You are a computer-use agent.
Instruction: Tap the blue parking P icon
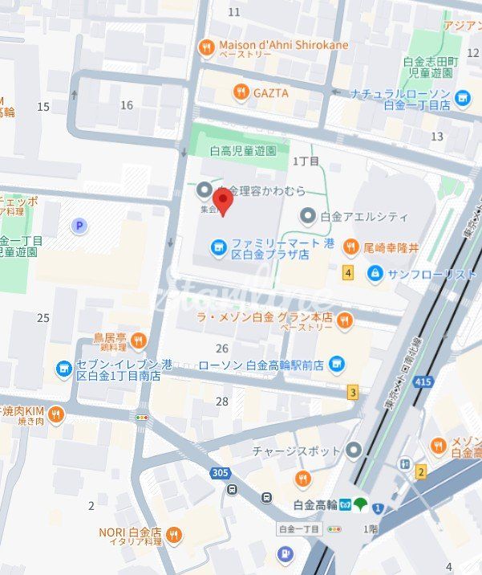tap(79, 226)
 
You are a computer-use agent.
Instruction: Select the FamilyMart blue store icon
tap(217, 247)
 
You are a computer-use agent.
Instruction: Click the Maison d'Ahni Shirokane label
tap(283, 45)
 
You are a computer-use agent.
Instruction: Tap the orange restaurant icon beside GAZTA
tap(241, 93)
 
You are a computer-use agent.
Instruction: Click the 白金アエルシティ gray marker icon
tap(308, 216)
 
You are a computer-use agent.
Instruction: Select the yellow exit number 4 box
tap(347, 272)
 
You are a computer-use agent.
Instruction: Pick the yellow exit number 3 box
tap(352, 393)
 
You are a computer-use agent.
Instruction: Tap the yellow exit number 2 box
tap(420, 472)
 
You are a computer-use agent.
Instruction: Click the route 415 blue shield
tap(423, 381)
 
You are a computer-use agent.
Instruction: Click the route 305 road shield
tap(220, 473)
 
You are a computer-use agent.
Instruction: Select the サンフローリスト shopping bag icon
tap(375, 274)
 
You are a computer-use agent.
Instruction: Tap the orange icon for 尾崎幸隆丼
tap(350, 247)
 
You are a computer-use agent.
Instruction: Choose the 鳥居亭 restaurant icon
tap(138, 342)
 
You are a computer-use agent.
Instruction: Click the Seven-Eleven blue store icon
tap(63, 369)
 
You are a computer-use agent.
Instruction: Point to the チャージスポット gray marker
tap(354, 451)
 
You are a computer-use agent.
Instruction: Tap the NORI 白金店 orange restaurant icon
tap(173, 536)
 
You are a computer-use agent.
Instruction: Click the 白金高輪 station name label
tap(314, 505)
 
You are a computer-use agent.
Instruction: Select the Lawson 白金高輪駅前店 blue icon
tap(336, 365)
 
